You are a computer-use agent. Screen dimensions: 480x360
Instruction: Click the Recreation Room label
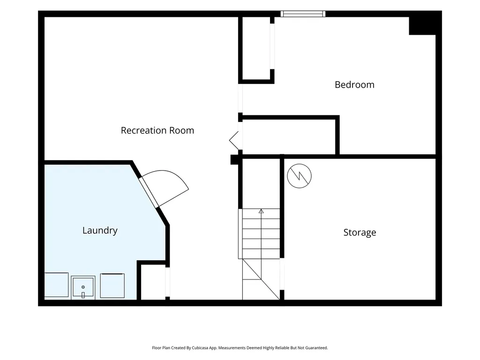click(x=157, y=130)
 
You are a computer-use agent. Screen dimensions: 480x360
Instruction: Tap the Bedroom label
click(x=354, y=84)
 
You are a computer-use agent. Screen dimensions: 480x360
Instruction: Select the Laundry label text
click(x=100, y=230)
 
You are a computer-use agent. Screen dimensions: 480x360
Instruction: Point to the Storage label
click(x=360, y=232)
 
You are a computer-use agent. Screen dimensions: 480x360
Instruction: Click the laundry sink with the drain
click(x=83, y=287)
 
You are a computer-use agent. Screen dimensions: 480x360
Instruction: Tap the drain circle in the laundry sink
click(x=83, y=287)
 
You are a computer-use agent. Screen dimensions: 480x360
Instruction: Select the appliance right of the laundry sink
click(x=112, y=285)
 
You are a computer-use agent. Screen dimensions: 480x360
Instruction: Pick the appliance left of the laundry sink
click(x=56, y=285)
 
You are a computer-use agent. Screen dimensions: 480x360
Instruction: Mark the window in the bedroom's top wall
click(x=303, y=14)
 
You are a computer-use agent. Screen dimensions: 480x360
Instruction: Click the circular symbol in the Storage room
click(x=300, y=176)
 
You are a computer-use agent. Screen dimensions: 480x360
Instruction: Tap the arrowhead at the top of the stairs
click(x=261, y=211)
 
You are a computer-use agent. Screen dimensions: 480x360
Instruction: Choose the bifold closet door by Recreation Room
click(x=234, y=140)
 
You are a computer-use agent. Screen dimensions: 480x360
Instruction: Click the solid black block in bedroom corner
click(x=422, y=26)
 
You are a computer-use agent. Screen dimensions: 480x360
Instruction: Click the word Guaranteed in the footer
click(x=318, y=348)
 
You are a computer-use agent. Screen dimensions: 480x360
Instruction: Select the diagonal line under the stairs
click(x=261, y=279)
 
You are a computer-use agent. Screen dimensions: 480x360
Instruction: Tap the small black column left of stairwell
click(x=234, y=159)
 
